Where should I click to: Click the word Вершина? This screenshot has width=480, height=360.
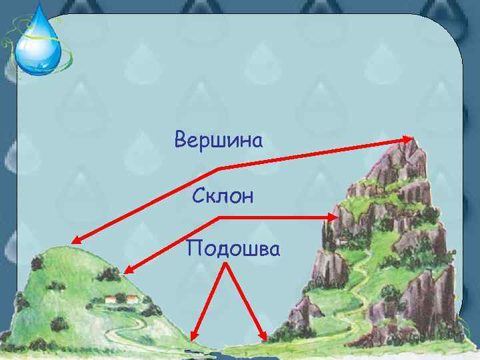[219, 141]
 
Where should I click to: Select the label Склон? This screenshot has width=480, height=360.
[223, 196]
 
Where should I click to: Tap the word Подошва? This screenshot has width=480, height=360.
[234, 248]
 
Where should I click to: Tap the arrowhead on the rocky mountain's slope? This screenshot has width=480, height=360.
[333, 217]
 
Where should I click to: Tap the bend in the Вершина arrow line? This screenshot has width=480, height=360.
[219, 167]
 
